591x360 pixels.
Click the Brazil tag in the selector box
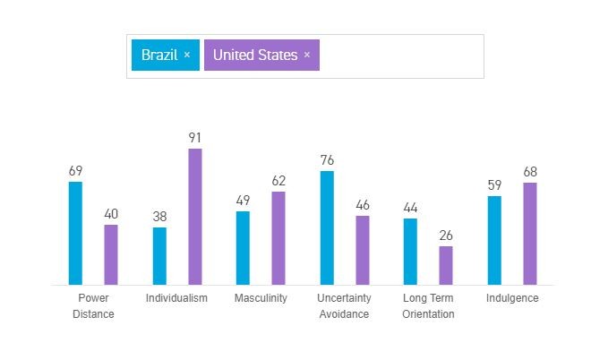pyautogui.click(x=159, y=55)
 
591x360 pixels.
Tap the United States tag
pyautogui.click(x=254, y=55)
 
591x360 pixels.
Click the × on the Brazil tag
pyautogui.click(x=187, y=55)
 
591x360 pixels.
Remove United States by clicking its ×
pyautogui.click(x=307, y=55)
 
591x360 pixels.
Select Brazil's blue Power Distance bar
pyautogui.click(x=75, y=233)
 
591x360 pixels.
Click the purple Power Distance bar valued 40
pyautogui.click(x=111, y=254)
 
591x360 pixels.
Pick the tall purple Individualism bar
pyautogui.click(x=195, y=217)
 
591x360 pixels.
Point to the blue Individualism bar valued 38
pyautogui.click(x=159, y=256)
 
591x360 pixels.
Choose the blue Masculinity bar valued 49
pyautogui.click(x=243, y=248)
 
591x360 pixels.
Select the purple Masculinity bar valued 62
pyautogui.click(x=278, y=238)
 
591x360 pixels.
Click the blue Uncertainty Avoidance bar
pyautogui.click(x=327, y=227)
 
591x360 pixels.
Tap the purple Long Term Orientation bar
pyautogui.click(x=446, y=265)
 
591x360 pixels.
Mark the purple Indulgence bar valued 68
pyautogui.click(x=530, y=234)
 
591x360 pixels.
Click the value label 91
pyautogui.click(x=195, y=138)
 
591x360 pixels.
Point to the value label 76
pyautogui.click(x=327, y=160)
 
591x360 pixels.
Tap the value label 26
pyautogui.click(x=446, y=236)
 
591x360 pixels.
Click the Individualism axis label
pyautogui.click(x=176, y=298)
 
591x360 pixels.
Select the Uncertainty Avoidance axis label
pyautogui.click(x=344, y=305)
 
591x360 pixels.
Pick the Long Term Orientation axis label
pyautogui.click(x=428, y=305)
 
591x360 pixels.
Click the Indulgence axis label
pyautogui.click(x=512, y=298)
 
